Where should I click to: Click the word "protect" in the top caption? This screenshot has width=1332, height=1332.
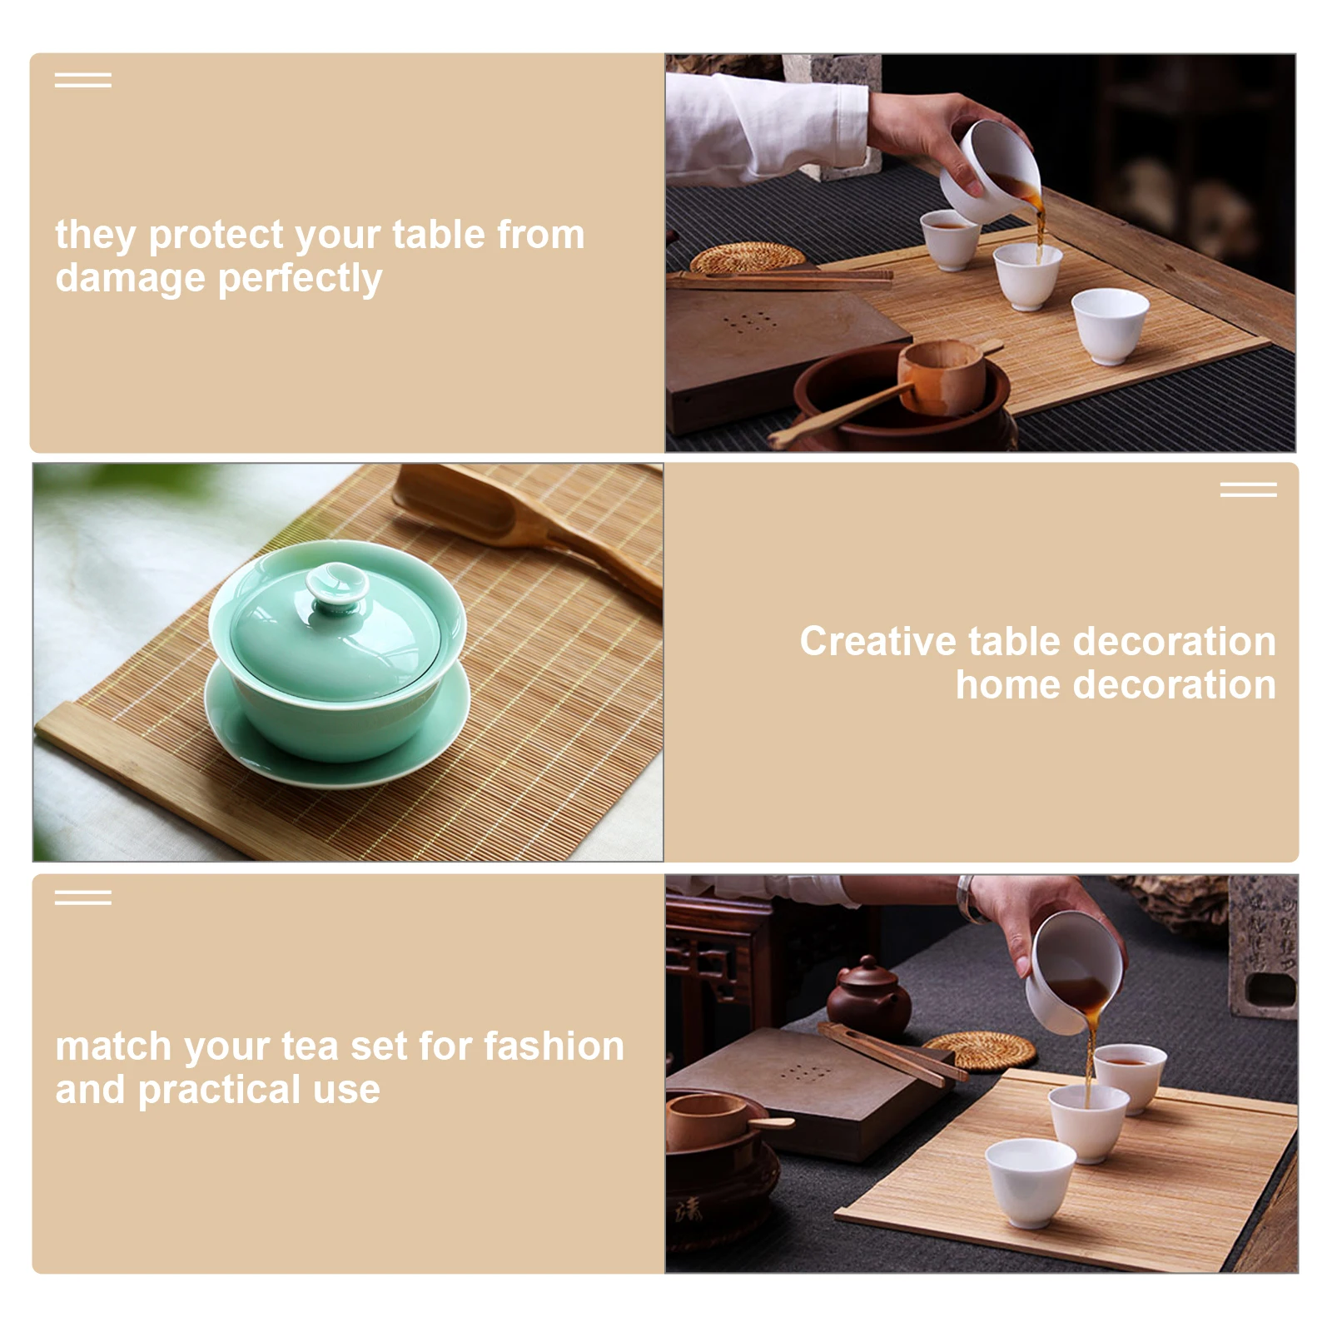click(x=218, y=236)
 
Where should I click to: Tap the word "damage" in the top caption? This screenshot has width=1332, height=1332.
click(x=130, y=279)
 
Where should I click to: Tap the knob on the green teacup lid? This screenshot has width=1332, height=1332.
click(x=337, y=584)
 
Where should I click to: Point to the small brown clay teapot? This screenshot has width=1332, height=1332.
click(x=867, y=995)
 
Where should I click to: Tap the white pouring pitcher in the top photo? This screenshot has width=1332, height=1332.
click(x=995, y=171)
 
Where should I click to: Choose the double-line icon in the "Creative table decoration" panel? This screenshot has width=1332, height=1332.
click(x=1248, y=490)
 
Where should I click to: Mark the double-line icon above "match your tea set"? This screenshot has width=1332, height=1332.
click(x=82, y=897)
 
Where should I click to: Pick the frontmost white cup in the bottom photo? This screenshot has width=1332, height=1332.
click(x=1031, y=1182)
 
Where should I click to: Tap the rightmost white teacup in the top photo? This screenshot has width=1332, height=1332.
click(x=1110, y=325)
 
